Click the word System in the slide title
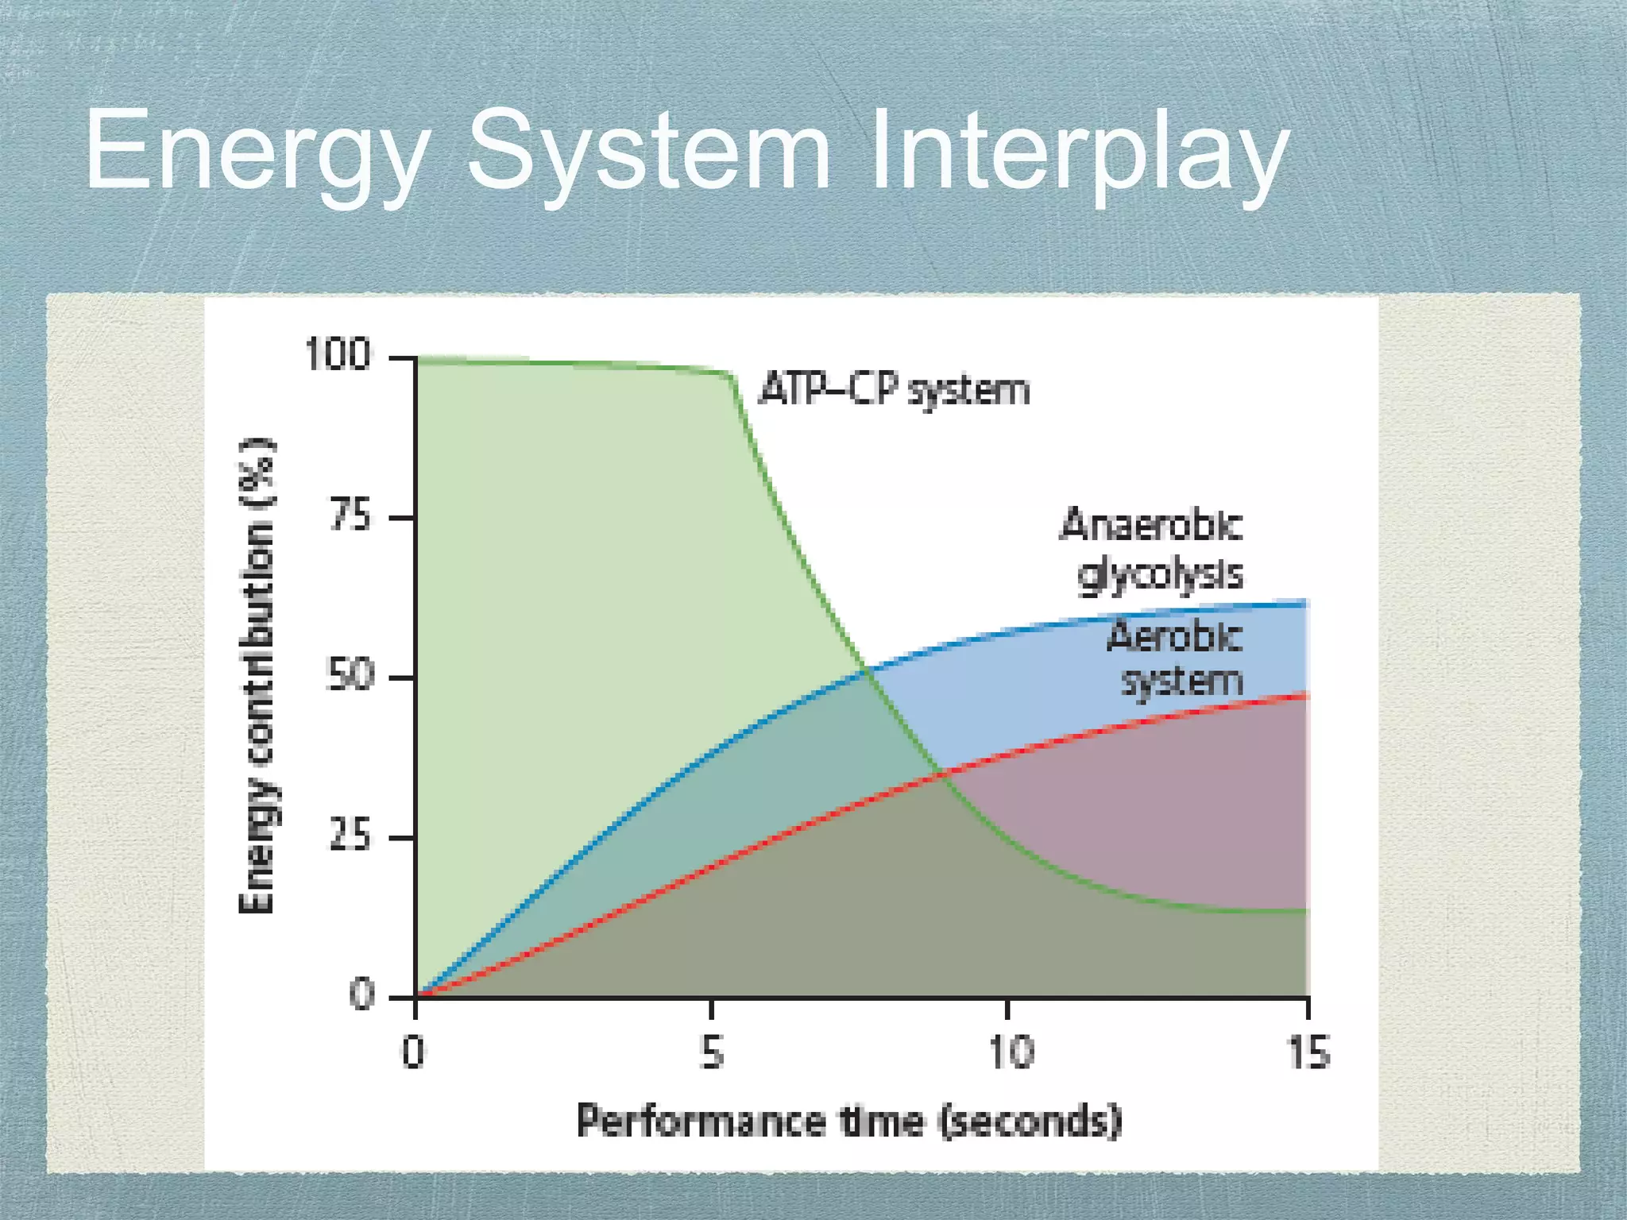point(647,151)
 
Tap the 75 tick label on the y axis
point(350,516)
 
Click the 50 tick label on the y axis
point(350,676)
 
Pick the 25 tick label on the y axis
point(350,836)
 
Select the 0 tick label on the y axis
point(361,994)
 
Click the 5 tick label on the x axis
point(713,1053)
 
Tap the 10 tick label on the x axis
point(1011,1053)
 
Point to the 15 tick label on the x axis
point(1308,1053)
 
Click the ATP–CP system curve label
point(894,390)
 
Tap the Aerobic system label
point(1176,659)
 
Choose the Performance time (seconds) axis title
point(848,1121)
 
